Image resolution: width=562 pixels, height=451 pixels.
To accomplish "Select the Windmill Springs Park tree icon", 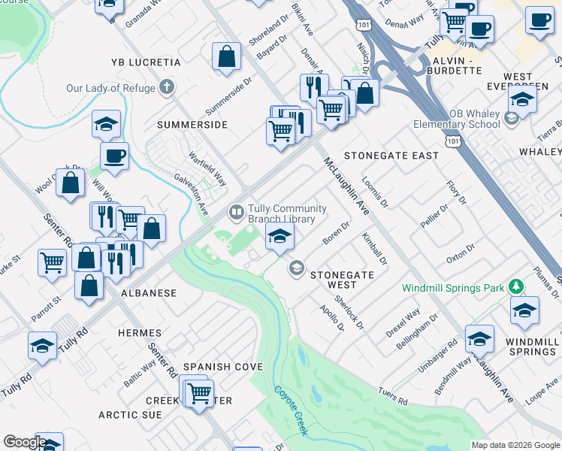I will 515,286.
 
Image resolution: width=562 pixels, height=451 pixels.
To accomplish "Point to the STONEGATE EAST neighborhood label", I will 391,156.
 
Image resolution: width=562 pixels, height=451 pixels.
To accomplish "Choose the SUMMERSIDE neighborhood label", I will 192,125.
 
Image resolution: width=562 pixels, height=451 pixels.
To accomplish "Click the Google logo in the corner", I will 25,442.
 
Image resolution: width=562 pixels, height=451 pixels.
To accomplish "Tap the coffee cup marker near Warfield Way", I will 115,156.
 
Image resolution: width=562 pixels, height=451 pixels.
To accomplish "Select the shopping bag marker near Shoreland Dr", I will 226,56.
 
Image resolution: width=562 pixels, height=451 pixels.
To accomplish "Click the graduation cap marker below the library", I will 279,238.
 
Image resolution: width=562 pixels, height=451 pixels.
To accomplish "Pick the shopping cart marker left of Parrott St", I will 52,263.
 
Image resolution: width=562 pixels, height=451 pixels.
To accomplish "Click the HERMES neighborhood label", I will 140,333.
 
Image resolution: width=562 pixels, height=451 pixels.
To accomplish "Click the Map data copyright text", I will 515,445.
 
